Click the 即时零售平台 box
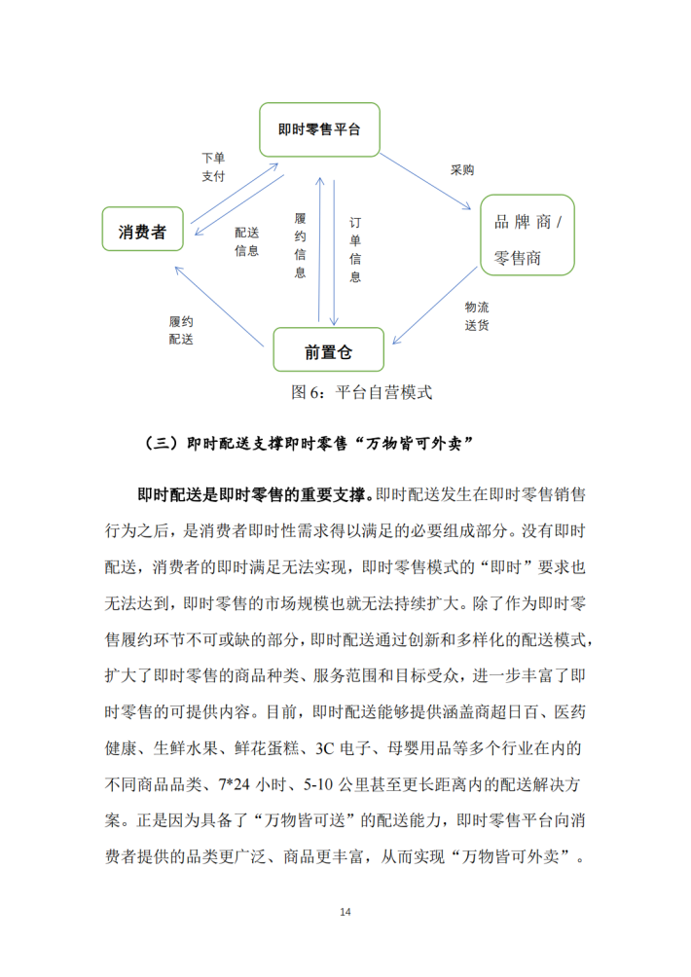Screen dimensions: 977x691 tap(318, 127)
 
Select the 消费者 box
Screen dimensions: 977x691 tap(142, 233)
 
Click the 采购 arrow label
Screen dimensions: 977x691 tap(461, 169)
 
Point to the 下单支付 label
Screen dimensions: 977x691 tap(213, 166)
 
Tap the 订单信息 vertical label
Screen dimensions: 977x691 tap(355, 249)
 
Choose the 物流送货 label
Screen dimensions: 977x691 tap(477, 314)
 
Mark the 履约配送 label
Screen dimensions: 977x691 tap(181, 329)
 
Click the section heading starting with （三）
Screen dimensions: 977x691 tap(309, 444)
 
